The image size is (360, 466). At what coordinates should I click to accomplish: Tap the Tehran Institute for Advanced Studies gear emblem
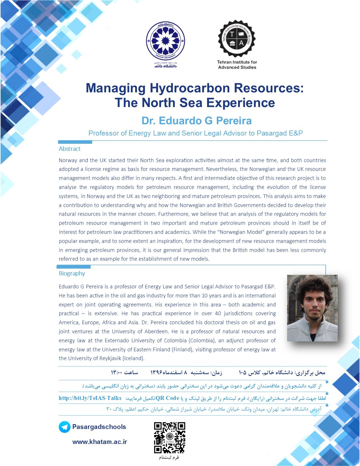click(x=237, y=39)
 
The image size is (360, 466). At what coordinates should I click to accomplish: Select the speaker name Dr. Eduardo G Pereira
click(x=197, y=121)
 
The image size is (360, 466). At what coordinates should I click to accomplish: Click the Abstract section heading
click(x=69, y=149)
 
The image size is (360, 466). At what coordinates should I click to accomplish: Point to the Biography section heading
click(x=72, y=273)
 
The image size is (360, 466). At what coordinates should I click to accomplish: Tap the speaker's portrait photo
click(x=312, y=308)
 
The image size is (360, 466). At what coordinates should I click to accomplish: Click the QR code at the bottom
click(x=169, y=438)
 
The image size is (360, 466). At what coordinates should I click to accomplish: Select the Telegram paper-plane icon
click(x=64, y=427)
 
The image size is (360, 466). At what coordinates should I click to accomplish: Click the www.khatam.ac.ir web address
click(x=100, y=442)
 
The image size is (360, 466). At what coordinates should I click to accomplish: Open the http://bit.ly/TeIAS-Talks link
click(x=90, y=398)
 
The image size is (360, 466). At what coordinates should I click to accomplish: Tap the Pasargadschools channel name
click(x=99, y=427)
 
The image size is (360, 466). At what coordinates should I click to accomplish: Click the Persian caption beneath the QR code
click(x=169, y=457)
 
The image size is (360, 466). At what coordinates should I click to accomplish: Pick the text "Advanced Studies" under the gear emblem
click(x=237, y=67)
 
